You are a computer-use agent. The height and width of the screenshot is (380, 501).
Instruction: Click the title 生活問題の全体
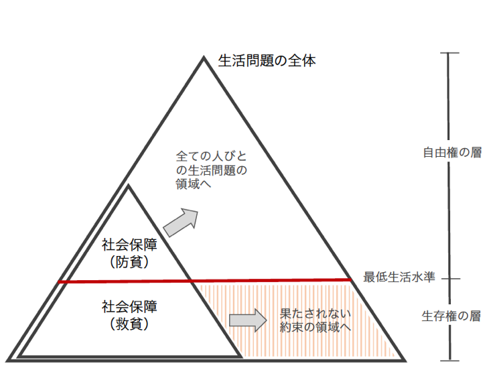(267, 61)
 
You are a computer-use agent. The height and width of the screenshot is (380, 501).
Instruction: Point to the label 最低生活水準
(399, 276)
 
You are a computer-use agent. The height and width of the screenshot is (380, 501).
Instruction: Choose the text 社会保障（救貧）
(129, 316)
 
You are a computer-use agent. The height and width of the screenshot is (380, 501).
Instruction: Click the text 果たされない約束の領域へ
(315, 320)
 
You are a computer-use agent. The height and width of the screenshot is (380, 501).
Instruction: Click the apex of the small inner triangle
(127, 187)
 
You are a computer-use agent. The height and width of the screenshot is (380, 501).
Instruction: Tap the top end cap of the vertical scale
(449, 53)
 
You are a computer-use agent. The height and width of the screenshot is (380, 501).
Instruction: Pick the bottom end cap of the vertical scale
(449, 361)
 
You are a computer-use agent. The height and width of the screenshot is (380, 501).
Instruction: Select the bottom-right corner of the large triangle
(404, 359)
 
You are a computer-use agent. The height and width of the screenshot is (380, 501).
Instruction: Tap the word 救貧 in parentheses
(129, 325)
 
